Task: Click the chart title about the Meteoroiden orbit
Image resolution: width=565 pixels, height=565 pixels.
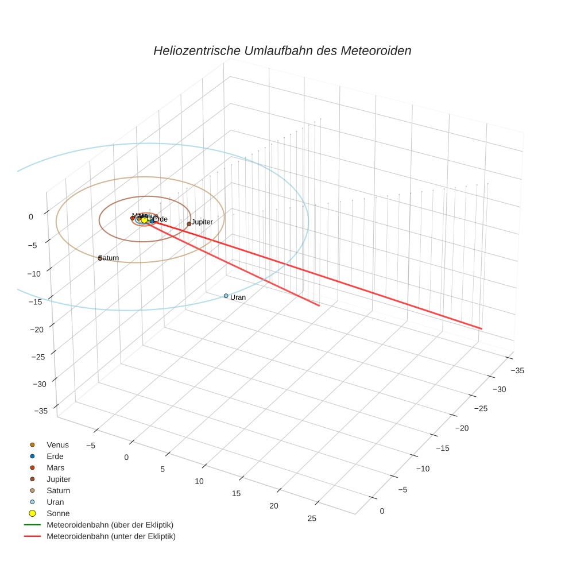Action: point(282,51)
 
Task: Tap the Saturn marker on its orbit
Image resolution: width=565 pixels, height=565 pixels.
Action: point(100,258)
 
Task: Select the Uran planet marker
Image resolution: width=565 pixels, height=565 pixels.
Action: point(226,296)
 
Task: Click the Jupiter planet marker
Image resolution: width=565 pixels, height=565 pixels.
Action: point(189,224)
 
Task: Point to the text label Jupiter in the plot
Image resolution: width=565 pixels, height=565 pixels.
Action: point(202,222)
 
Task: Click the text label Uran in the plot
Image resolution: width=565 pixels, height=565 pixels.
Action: point(238,297)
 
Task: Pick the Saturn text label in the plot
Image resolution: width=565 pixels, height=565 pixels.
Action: point(109,258)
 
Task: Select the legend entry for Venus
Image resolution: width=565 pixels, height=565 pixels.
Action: point(57,445)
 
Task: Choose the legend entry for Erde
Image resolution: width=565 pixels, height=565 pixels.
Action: point(55,456)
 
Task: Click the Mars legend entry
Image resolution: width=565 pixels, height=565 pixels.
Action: point(55,468)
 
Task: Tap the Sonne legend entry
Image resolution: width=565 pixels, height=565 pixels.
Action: point(58,513)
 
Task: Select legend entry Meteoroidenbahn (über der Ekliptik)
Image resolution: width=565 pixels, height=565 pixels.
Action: point(110,525)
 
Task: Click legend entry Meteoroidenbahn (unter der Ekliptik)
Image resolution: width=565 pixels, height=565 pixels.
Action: point(111,536)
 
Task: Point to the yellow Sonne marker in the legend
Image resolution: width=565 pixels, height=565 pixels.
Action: point(32,513)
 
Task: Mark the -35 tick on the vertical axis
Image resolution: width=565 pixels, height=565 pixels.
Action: point(41,411)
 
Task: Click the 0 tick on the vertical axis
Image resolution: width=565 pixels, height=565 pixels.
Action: point(31,216)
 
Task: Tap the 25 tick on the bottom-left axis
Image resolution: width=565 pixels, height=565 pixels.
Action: point(312,518)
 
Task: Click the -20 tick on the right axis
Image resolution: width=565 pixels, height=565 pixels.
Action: point(463,428)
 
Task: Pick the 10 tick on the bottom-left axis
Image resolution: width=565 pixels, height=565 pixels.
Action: point(199,481)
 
